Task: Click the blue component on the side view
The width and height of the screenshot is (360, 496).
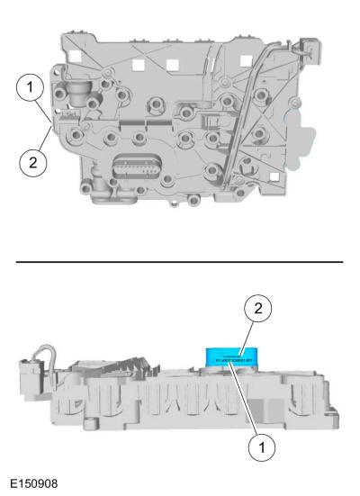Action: click(x=228, y=357)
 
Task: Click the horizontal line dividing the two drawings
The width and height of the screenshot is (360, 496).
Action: click(x=180, y=262)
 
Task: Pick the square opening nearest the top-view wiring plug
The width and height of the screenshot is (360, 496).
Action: click(x=245, y=66)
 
